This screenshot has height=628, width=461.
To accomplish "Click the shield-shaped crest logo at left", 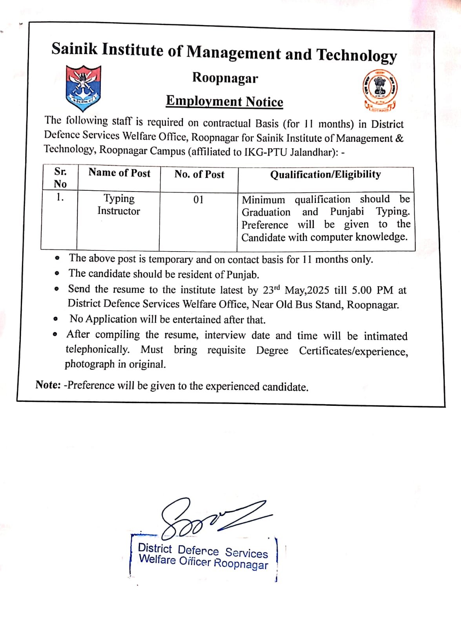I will (x=83, y=88).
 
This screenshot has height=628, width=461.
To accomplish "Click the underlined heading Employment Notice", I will (x=224, y=101).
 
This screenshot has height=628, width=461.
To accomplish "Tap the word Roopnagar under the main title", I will (x=225, y=78).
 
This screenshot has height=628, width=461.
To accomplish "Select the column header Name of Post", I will (x=119, y=173).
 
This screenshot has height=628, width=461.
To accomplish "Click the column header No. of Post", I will (x=199, y=174).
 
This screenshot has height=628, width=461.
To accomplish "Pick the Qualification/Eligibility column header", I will (x=325, y=174).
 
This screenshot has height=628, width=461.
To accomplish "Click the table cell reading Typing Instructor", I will (x=119, y=204).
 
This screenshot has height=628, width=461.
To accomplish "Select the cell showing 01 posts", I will (x=199, y=200).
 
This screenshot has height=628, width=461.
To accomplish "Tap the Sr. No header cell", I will (x=60, y=177).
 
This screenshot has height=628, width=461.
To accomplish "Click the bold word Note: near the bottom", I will (x=48, y=385).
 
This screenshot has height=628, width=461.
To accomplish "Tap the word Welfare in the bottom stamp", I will (x=157, y=559).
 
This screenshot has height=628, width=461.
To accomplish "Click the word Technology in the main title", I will (x=356, y=55).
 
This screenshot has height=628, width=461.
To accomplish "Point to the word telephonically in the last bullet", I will (x=97, y=349).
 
